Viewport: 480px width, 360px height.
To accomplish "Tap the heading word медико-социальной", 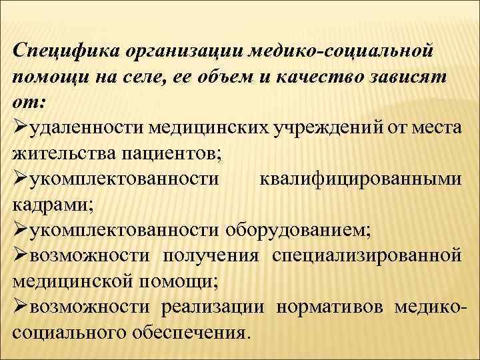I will (x=342, y=50).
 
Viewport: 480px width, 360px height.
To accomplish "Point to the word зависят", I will (x=410, y=75).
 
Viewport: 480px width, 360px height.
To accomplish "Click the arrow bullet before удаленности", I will (x=21, y=127).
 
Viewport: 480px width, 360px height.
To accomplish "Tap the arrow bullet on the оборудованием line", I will (x=21, y=230).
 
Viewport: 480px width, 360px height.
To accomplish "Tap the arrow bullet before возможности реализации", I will (x=21, y=307).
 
